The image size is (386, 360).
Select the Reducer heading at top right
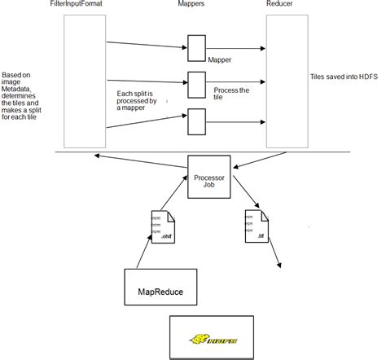[x=280, y=6]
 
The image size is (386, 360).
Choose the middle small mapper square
[x=196, y=81]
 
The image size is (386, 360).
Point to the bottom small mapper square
[x=196, y=120]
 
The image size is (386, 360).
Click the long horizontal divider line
[x=204, y=152]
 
